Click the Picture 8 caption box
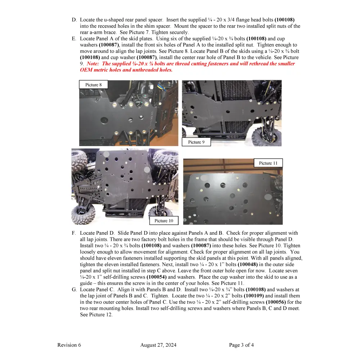coord(93,85)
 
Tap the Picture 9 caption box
coord(196,142)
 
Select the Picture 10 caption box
coord(164,221)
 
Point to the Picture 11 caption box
coord(268,163)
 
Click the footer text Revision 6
coord(69,345)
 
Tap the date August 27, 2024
coord(158,345)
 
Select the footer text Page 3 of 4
coord(241,345)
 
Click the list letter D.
coord(74,20)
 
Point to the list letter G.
coord(74,289)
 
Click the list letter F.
coord(74,233)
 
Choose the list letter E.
coord(74,39)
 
